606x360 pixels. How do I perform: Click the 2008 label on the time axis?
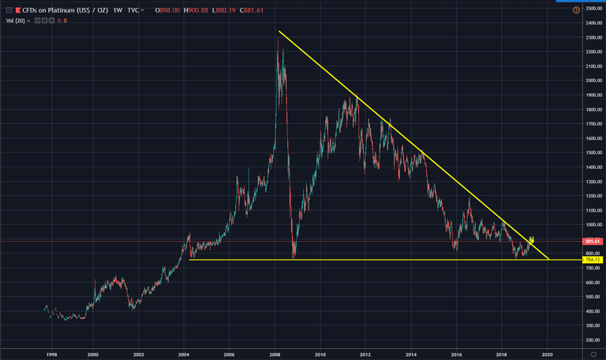coord(275,354)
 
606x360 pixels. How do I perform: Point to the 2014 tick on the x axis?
coord(410,354)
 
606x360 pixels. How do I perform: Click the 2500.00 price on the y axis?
coord(593,9)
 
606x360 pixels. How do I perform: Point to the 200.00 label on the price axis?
coord(593,340)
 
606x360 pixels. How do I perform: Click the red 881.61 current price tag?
coord(593,242)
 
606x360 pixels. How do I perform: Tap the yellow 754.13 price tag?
coord(593,260)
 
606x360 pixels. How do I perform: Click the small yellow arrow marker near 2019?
coord(532,239)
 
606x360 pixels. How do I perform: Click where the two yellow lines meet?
coord(549,260)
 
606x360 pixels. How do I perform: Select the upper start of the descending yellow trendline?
coord(279,32)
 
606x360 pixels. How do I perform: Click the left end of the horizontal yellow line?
coord(190,260)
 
